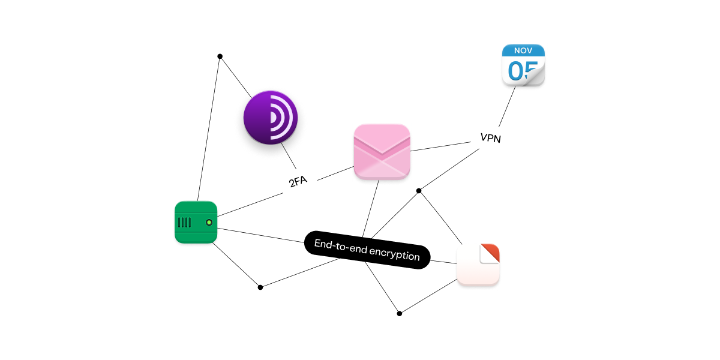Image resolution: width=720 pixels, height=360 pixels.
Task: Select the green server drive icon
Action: pyautogui.click(x=196, y=223)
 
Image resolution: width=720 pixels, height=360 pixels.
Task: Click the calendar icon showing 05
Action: pyautogui.click(x=523, y=66)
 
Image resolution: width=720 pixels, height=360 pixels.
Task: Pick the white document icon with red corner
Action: pyautogui.click(x=478, y=265)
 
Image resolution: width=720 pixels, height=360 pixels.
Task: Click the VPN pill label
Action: pyautogui.click(x=490, y=138)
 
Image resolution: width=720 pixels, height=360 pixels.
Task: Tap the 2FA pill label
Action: pyautogui.click(x=298, y=181)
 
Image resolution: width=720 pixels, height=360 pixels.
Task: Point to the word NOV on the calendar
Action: pyautogui.click(x=523, y=50)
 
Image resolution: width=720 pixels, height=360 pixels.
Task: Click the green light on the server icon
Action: pyautogui.click(x=209, y=223)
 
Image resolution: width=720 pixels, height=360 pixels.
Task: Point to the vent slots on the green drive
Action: pyautogui.click(x=185, y=223)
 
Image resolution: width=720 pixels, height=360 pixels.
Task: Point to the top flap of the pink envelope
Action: pyautogui.click(x=382, y=137)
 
